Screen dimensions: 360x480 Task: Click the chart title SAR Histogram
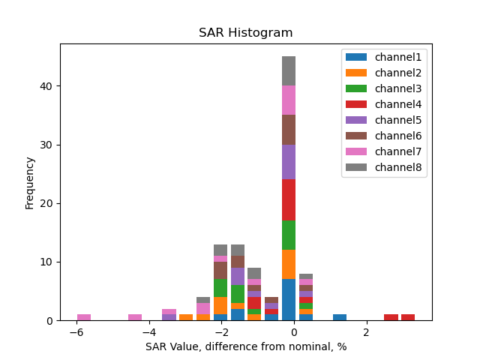coord(245,33)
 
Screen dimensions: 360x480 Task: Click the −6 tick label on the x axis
coord(76,332)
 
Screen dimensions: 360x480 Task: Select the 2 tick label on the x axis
coord(366,332)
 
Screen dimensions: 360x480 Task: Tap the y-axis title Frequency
coord(30,182)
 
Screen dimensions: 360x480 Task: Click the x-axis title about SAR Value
coord(245,346)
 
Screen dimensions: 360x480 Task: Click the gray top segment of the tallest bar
coord(289,71)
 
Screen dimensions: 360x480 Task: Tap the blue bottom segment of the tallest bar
coord(289,300)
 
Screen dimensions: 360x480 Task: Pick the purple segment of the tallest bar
coord(289,162)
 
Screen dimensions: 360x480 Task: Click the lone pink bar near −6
coord(84,317)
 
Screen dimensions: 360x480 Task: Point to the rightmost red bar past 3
coord(408,317)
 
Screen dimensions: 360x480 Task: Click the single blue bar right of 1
coord(340,317)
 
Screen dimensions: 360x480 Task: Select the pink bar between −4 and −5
coord(135,317)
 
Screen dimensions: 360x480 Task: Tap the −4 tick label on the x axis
coord(148,332)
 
